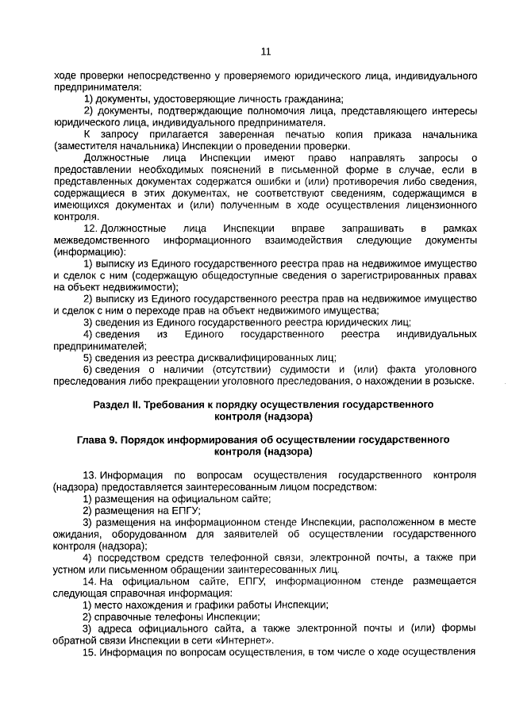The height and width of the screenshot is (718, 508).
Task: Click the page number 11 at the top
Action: (x=266, y=52)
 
